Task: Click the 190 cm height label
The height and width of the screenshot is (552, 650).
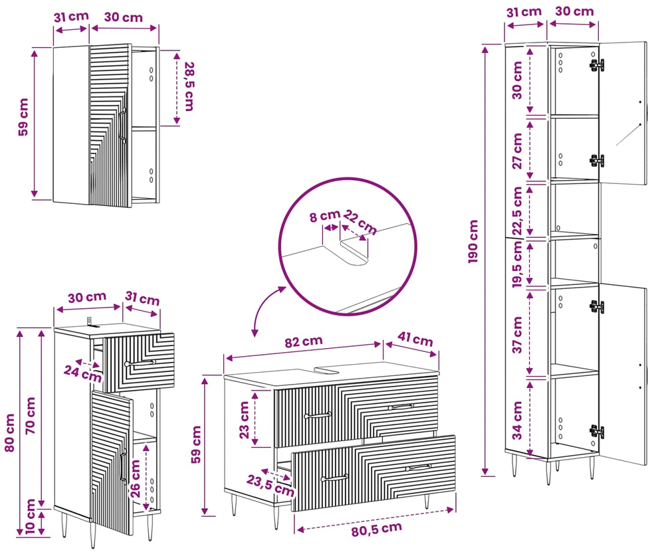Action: pyautogui.click(x=473, y=241)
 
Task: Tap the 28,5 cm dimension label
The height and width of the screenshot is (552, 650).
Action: pyautogui.click(x=189, y=86)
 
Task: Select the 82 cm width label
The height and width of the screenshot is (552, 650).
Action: pyautogui.click(x=304, y=341)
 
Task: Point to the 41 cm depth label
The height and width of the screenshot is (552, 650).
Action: pyautogui.click(x=415, y=339)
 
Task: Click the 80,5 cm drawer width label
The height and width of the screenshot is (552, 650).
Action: pyautogui.click(x=376, y=529)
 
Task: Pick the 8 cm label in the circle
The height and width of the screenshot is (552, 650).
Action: pyautogui.click(x=324, y=215)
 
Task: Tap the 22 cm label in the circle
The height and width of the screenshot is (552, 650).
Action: pyautogui.click(x=360, y=223)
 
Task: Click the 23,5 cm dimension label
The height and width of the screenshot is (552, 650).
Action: pyautogui.click(x=271, y=486)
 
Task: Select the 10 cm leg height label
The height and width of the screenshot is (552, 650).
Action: pyautogui.click(x=30, y=516)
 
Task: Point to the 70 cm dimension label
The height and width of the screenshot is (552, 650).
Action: pyautogui.click(x=31, y=416)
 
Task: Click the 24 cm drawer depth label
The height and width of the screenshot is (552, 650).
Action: pyautogui.click(x=82, y=373)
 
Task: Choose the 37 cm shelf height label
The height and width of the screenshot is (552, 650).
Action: pyautogui.click(x=517, y=335)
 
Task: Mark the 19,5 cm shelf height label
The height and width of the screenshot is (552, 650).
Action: pyautogui.click(x=517, y=264)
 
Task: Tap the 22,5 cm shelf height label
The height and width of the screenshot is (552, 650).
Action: pyautogui.click(x=517, y=211)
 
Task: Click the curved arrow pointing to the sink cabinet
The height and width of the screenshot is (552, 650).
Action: pyautogui.click(x=265, y=308)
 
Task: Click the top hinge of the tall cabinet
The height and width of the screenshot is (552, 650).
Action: pyautogui.click(x=597, y=64)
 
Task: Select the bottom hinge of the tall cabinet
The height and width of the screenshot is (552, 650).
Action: pyautogui.click(x=597, y=432)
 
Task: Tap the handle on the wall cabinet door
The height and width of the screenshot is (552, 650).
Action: pyautogui.click(x=122, y=125)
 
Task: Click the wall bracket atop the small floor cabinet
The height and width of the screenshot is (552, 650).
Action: pyautogui.click(x=90, y=322)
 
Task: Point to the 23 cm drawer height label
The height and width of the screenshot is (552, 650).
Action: pyautogui.click(x=244, y=420)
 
